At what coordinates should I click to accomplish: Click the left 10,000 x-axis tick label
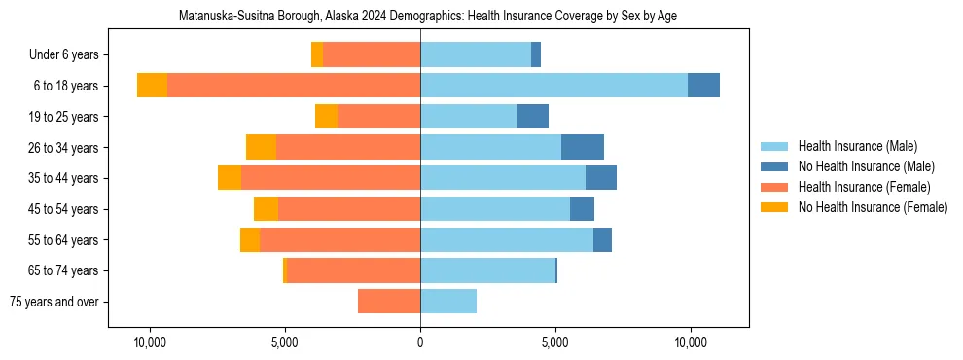[150, 342]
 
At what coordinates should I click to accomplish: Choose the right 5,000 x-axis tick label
[554, 342]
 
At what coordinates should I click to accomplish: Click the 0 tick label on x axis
[420, 342]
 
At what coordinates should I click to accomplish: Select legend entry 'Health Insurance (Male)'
[857, 146]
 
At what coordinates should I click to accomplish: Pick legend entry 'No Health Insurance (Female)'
[873, 207]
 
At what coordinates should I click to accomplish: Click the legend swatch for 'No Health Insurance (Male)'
[775, 166]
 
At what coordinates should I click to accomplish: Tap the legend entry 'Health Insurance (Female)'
[861, 187]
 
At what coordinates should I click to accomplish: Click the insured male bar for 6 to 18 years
[553, 86]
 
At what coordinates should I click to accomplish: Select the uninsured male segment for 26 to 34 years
[583, 147]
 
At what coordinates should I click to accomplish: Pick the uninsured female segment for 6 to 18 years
[152, 86]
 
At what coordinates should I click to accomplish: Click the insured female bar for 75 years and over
[389, 302]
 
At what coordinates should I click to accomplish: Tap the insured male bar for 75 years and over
[448, 302]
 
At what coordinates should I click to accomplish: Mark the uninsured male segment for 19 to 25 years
[533, 117]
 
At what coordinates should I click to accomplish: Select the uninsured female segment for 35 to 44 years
[230, 178]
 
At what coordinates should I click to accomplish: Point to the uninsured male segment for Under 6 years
[536, 55]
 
